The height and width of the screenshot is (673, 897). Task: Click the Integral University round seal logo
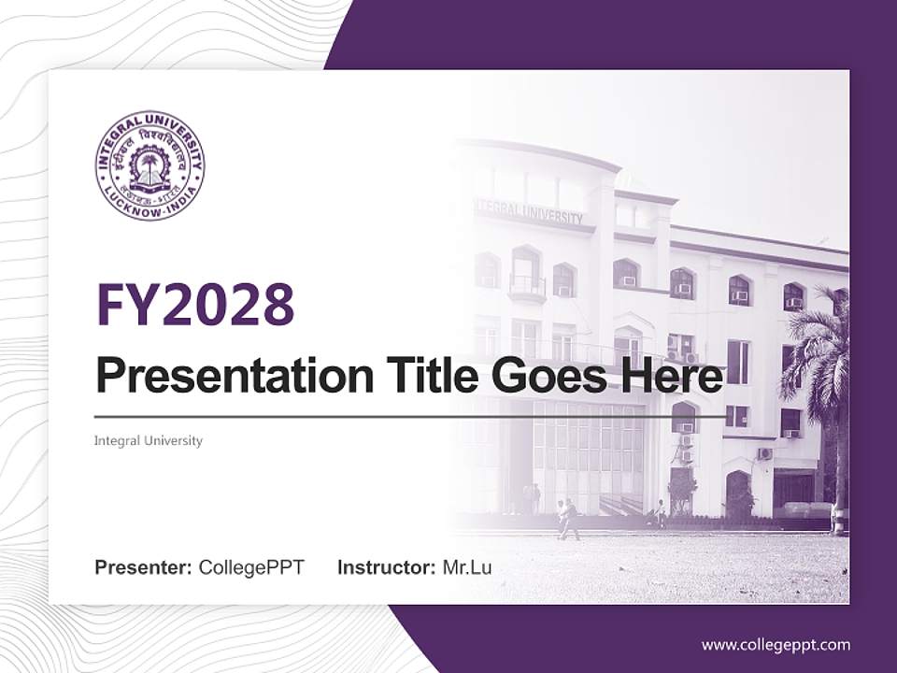tap(149, 165)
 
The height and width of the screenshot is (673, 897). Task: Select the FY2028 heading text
tap(195, 305)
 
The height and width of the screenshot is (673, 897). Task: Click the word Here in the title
tap(673, 377)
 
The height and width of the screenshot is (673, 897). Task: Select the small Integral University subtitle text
tap(149, 440)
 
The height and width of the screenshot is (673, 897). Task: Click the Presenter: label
tap(144, 567)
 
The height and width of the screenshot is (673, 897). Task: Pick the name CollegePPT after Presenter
tap(251, 567)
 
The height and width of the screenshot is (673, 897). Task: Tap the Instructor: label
tap(386, 567)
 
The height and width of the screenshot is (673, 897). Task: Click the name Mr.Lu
tap(467, 567)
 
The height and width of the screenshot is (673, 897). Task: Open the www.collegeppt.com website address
tap(776, 645)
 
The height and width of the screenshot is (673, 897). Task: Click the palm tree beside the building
tap(822, 365)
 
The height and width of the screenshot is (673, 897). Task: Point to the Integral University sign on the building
tap(531, 213)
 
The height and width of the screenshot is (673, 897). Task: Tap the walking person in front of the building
tap(569, 520)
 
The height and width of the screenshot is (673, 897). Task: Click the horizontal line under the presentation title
tap(411, 417)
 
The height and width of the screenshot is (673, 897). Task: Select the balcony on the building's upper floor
tap(527, 285)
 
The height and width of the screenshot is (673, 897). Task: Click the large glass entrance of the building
tap(589, 458)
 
